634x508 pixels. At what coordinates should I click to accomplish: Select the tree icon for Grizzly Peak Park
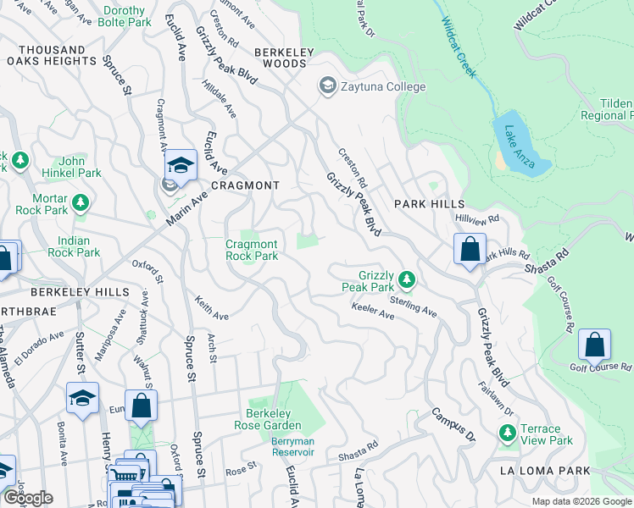(x=407, y=279)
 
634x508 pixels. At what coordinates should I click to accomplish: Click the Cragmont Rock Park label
(x=252, y=250)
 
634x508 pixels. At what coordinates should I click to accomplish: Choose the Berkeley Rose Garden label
(x=268, y=420)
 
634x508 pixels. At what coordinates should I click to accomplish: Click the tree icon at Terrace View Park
(x=507, y=433)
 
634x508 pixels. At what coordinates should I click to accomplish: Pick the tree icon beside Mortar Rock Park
(x=80, y=202)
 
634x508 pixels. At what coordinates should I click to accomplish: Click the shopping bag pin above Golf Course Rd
(x=595, y=345)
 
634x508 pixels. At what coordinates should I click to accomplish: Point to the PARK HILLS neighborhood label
(x=429, y=204)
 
